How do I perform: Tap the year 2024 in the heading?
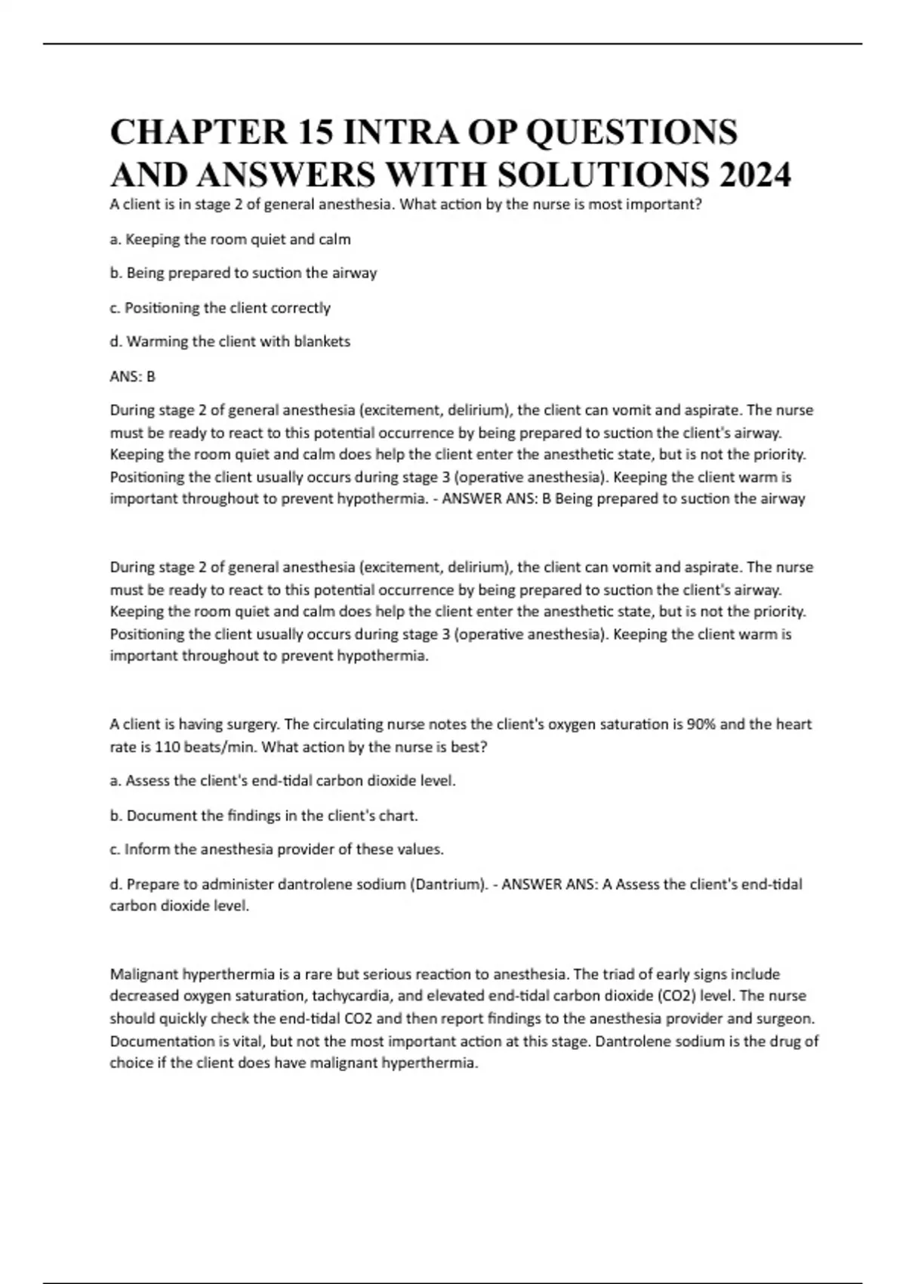pos(751,175)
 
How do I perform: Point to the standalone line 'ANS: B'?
pos(132,376)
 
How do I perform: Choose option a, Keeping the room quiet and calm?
pos(230,239)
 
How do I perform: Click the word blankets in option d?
pos(322,341)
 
